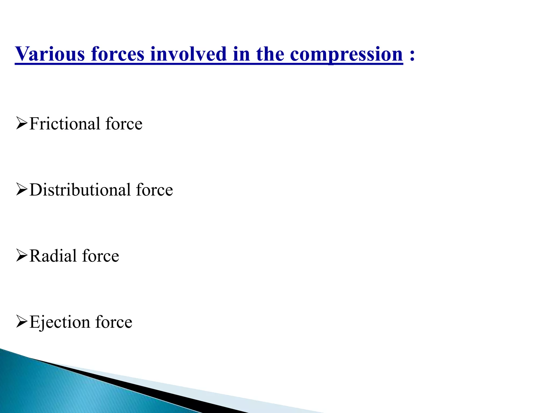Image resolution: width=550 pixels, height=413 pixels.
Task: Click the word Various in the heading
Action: [50, 54]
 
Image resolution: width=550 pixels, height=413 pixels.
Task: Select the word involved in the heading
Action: [189, 54]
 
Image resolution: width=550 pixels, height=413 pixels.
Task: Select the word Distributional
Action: [80, 190]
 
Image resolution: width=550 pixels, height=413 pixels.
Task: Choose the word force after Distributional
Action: [155, 190]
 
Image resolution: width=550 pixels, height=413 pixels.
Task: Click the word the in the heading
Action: [270, 54]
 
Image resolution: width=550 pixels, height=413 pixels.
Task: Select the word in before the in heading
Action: [242, 54]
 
